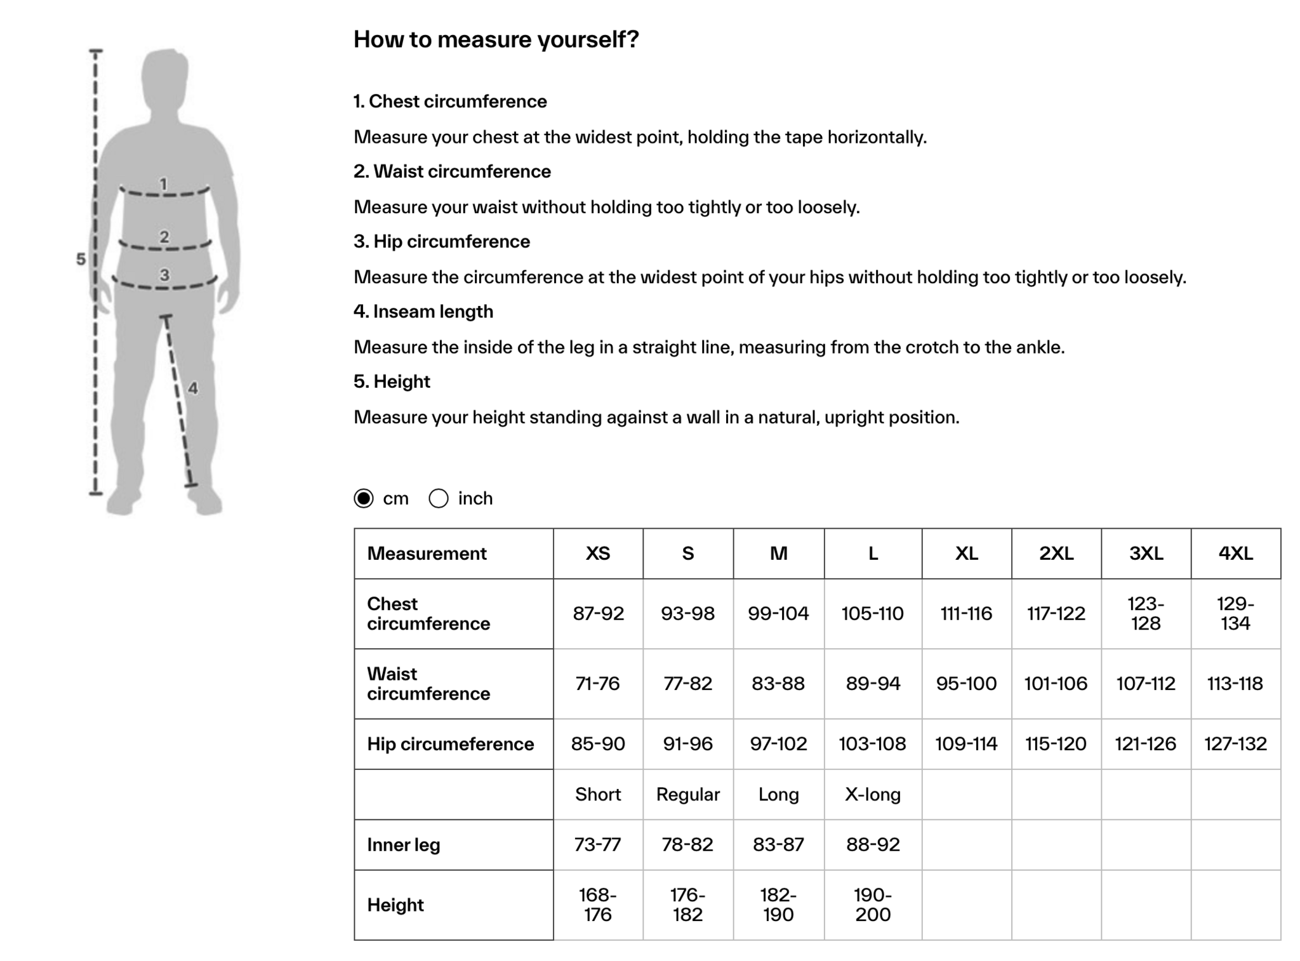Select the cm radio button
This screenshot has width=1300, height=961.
click(364, 498)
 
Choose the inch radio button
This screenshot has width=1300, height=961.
click(439, 498)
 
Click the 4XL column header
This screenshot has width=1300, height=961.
click(1235, 553)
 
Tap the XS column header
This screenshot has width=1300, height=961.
click(598, 553)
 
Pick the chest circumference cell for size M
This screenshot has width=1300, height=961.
click(778, 613)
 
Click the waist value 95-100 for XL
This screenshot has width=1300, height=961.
click(966, 684)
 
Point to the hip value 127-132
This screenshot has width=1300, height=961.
click(1235, 743)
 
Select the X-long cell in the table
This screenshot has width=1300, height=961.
click(873, 794)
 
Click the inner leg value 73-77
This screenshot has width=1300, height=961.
click(598, 844)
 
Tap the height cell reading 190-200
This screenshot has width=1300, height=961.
click(873, 905)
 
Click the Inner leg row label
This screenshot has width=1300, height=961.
click(404, 845)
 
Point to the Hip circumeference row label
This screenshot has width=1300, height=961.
click(450, 744)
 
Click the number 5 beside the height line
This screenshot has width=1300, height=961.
click(81, 259)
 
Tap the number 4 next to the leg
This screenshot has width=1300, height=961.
click(193, 388)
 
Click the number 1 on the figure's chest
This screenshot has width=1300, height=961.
click(164, 184)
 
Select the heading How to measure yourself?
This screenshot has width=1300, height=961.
click(496, 39)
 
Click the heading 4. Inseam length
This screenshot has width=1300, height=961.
click(423, 312)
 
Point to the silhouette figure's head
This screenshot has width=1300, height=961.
click(165, 76)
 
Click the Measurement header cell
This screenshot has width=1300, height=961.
click(427, 553)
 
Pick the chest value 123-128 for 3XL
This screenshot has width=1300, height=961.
click(1146, 613)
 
